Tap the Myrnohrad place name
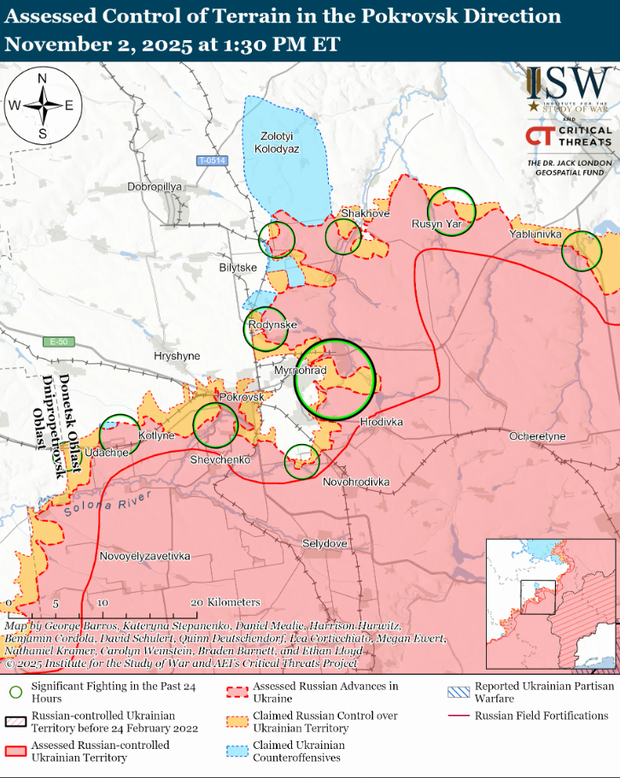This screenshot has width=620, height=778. click(x=300, y=371)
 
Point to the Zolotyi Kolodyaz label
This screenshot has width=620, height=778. click(x=277, y=142)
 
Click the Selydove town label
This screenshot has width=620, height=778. click(x=325, y=543)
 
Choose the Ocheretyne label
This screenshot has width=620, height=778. click(x=537, y=436)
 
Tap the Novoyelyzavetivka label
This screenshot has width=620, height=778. click(x=144, y=556)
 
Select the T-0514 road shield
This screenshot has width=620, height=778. click(x=211, y=161)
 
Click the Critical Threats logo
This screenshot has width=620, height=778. click(x=568, y=136)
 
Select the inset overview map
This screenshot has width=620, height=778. click(x=550, y=603)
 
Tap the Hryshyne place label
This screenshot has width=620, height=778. click(x=176, y=355)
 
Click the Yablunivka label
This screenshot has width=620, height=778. click(x=535, y=233)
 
